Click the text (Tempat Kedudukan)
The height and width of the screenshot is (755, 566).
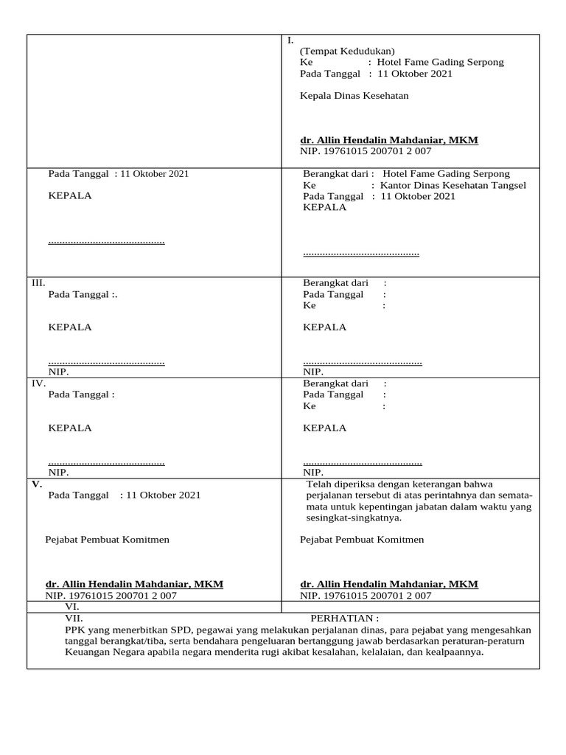point(347,51)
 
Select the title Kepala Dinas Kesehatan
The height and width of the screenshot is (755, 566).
point(354,96)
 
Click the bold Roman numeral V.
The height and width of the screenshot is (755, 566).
point(36,484)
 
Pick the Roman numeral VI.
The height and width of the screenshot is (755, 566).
point(72,606)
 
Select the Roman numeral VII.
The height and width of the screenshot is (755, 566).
point(74,618)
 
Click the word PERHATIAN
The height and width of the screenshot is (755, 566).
point(343,618)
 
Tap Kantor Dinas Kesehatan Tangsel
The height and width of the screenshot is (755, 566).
point(453,185)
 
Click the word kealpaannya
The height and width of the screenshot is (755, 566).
point(451,653)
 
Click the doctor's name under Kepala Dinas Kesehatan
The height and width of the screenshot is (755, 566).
point(389,139)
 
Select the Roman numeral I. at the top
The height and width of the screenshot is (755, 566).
point(290,41)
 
